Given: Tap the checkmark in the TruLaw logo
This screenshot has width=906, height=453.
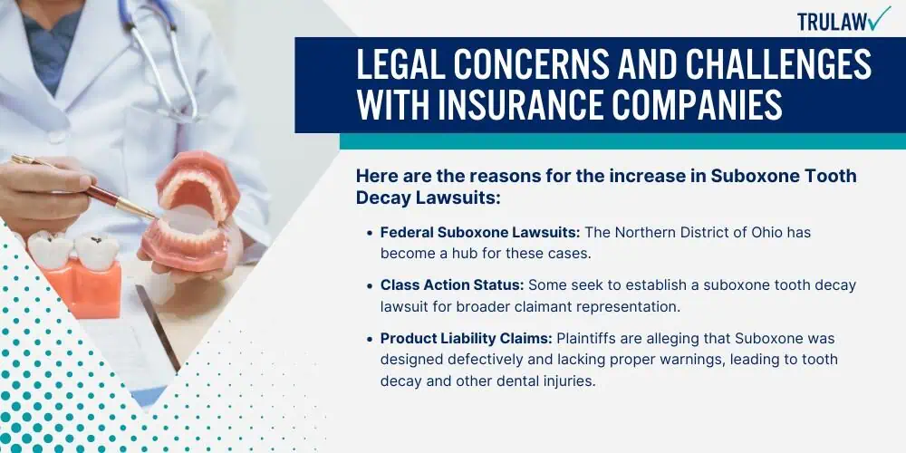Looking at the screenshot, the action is tap(879, 18).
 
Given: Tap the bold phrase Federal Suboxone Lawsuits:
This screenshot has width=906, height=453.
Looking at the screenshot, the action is tap(480, 232).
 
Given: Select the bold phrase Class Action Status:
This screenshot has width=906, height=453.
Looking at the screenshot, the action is tap(452, 284).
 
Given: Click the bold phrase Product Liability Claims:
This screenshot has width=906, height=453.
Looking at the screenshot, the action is tap(467, 338).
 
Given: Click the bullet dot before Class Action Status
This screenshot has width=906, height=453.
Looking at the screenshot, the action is tap(370, 285).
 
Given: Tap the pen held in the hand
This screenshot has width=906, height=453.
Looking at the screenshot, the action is tap(83, 187).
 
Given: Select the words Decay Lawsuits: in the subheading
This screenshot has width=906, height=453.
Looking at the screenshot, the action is tap(428, 197).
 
